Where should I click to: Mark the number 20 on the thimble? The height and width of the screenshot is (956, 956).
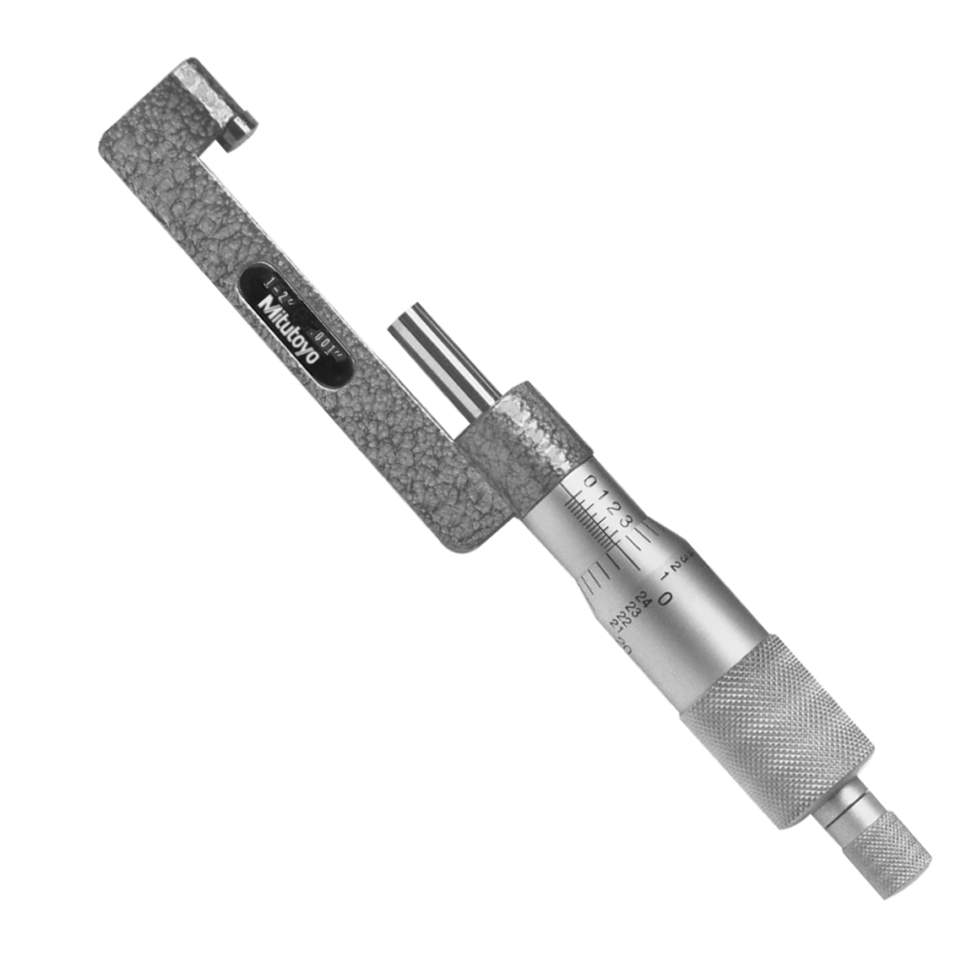[625, 647]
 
